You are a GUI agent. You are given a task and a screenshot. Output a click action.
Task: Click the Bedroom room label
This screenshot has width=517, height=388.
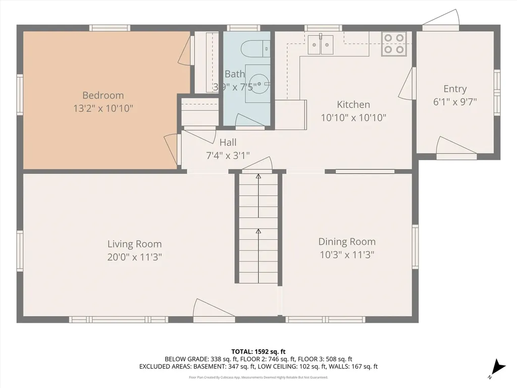tap(103, 95)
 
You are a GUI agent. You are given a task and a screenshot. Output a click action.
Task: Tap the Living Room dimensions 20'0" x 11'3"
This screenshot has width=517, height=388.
tap(134, 257)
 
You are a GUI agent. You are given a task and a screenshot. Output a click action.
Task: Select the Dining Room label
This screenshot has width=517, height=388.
tap(347, 241)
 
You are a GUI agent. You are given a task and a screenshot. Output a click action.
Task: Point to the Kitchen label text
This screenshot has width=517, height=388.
tap(353, 105)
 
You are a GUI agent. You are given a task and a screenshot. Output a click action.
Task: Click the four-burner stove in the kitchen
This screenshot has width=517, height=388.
tap(394, 43)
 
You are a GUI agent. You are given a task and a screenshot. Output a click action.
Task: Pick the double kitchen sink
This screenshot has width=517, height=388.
tap(321, 45)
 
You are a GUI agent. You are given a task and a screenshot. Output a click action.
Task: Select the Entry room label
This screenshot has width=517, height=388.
tap(455, 89)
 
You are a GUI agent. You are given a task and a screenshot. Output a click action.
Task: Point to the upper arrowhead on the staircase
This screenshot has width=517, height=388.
tap(258, 177)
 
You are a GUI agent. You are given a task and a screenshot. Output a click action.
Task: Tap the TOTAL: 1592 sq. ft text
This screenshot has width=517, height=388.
tap(258, 351)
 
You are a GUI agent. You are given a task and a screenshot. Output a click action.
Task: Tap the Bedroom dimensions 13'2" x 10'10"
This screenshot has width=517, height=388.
tap(103, 108)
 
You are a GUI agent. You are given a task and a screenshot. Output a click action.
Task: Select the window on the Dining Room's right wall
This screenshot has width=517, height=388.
tap(415, 247)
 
